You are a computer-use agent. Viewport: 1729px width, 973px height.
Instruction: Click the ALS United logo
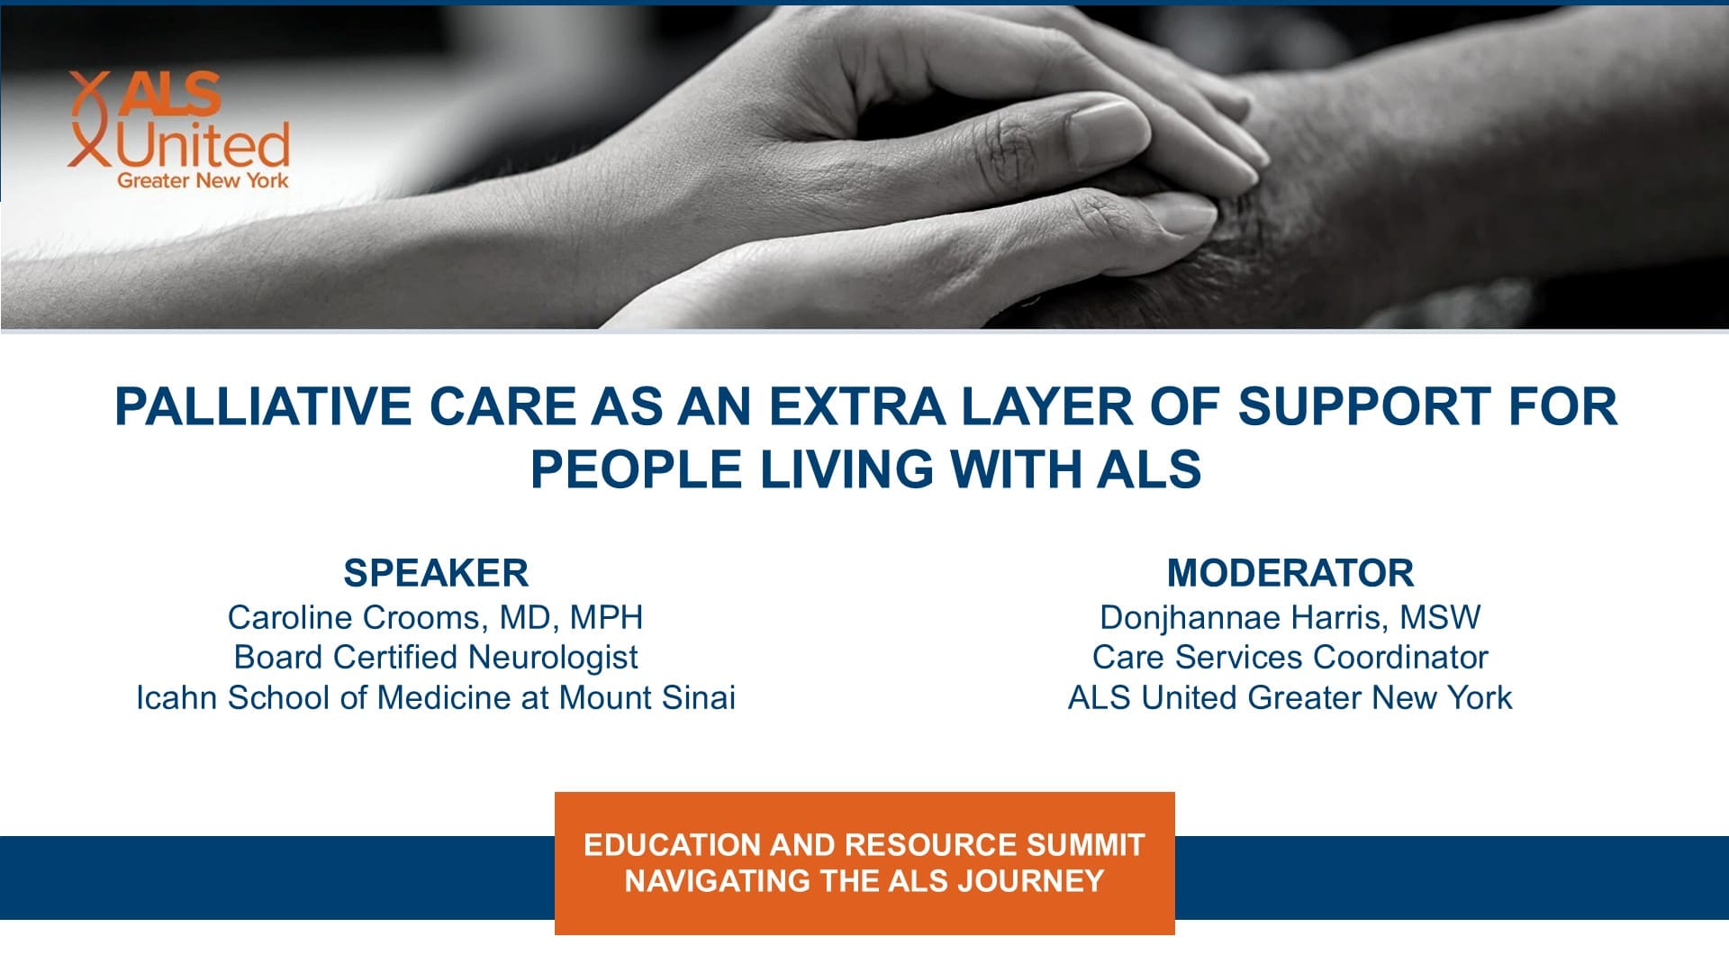179,131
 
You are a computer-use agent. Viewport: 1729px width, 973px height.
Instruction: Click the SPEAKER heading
436,573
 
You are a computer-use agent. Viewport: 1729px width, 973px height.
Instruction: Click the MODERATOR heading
1290,573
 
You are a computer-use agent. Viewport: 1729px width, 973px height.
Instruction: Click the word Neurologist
553,658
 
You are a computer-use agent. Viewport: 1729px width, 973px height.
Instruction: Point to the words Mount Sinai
647,697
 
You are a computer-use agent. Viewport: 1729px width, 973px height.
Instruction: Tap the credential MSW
1439,617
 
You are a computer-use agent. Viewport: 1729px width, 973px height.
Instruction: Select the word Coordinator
1400,658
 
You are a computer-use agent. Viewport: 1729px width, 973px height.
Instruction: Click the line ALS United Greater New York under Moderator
1290,697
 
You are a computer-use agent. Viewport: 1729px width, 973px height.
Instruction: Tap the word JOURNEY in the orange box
1031,880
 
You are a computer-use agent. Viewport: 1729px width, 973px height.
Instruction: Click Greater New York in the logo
203,180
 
